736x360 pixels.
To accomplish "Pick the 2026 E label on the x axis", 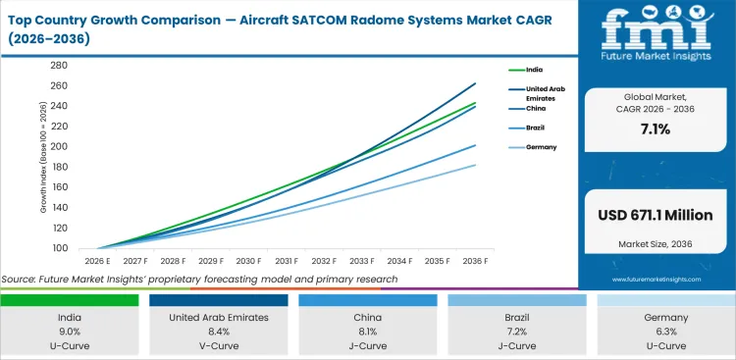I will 98,262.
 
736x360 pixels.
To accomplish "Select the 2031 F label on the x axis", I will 287,262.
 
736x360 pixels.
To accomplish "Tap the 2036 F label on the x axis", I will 475,262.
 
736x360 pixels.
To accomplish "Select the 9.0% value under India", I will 69,332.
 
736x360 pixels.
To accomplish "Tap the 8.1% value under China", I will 367,332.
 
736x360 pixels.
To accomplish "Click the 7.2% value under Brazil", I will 516,332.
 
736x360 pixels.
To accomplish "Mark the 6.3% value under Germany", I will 665,332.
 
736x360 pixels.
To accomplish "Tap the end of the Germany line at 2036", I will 476,165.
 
